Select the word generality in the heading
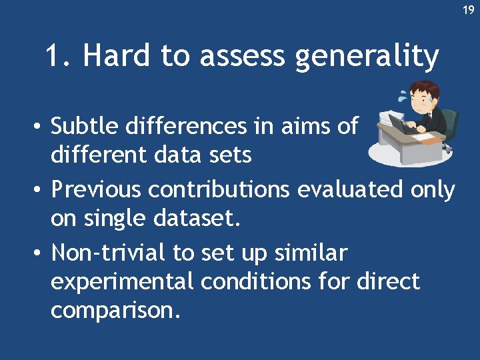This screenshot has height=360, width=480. [366, 58]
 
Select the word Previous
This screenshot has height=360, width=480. [97, 190]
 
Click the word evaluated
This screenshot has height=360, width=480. [349, 190]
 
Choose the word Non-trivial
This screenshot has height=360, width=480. [106, 253]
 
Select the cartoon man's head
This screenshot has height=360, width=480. [424, 96]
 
